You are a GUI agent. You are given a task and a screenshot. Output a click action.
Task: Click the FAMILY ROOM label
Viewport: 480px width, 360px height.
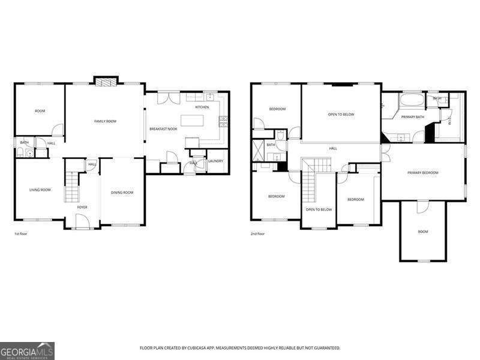pyautogui.click(x=105, y=121)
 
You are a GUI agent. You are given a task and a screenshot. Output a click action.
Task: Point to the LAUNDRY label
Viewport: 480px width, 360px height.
pyautogui.click(x=215, y=161)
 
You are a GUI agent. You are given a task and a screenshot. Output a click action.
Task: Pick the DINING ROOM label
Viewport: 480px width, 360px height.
pyautogui.click(x=122, y=193)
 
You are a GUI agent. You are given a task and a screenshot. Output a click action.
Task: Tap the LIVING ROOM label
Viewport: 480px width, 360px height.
pyautogui.click(x=40, y=190)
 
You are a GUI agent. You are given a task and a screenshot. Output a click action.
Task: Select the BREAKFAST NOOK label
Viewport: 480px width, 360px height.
pyautogui.click(x=163, y=129)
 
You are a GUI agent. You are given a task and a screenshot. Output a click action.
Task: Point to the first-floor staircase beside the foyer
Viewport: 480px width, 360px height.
pyautogui.click(x=71, y=186)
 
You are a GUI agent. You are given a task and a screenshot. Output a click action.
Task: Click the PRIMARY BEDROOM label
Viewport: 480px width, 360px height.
pyautogui.click(x=422, y=173)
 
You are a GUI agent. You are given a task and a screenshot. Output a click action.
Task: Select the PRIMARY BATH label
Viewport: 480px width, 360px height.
pyautogui.click(x=413, y=117)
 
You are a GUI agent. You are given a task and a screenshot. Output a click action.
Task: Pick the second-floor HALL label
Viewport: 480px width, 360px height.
pyautogui.click(x=333, y=148)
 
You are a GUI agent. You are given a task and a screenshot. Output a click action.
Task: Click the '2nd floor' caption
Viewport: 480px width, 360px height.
pyautogui.click(x=257, y=233)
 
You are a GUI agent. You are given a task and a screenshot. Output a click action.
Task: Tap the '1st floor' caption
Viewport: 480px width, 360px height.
pyautogui.click(x=20, y=233)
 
